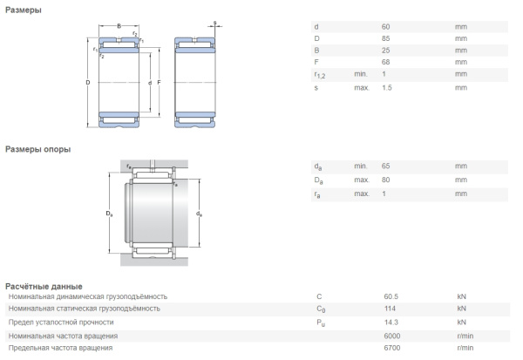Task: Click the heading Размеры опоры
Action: point(37,149)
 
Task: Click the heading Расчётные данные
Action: point(44,286)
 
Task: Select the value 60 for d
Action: point(386,27)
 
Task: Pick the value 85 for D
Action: point(386,39)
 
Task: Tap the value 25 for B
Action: point(386,51)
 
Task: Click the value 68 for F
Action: point(386,64)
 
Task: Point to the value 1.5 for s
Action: point(388,87)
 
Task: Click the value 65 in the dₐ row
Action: point(386,166)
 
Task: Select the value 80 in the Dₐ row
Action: point(386,180)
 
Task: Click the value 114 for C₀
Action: point(388,309)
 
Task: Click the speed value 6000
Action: point(391,336)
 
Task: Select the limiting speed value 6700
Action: point(391,348)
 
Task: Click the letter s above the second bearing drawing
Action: point(214,23)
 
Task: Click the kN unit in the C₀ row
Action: point(462,309)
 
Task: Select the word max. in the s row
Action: point(362,87)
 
